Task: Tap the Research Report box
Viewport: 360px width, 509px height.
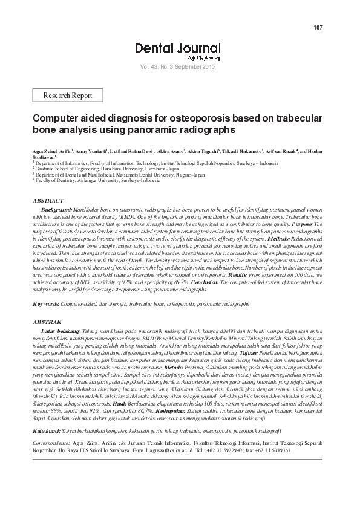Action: pyautogui.click(x=68, y=96)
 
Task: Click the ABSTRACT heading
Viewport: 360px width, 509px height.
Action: pyautogui.click(x=48, y=200)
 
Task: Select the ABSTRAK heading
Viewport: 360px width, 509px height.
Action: pyautogui.click(x=47, y=323)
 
